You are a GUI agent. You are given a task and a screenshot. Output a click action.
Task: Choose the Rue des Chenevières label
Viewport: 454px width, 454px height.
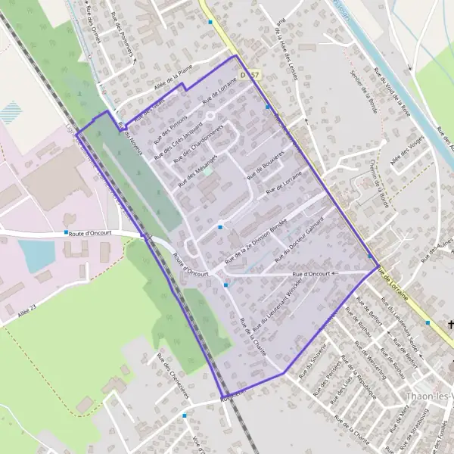[173, 370]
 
